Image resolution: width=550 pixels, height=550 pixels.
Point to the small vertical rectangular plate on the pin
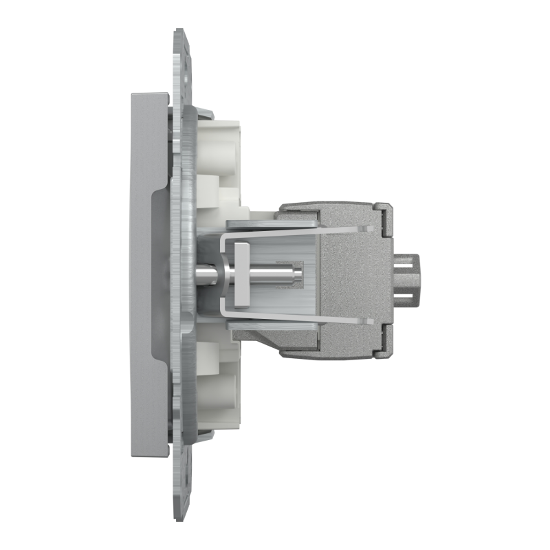240,275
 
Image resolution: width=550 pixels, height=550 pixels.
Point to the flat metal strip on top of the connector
275,222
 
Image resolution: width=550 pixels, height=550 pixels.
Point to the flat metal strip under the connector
275,329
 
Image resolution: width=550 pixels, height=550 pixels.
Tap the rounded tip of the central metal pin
300,275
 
